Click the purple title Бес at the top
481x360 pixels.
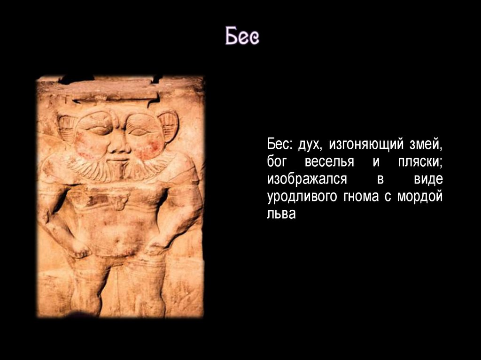click(x=242, y=36)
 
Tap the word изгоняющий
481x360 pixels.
click(x=366, y=144)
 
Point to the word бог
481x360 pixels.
click(x=276, y=161)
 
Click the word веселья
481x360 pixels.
click(x=329, y=162)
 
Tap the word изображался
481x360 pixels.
click(x=307, y=178)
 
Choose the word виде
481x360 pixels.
click(x=428, y=178)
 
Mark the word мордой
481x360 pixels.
click(x=420, y=196)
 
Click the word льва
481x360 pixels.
click(x=281, y=214)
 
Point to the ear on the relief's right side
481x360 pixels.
click(x=168, y=125)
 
